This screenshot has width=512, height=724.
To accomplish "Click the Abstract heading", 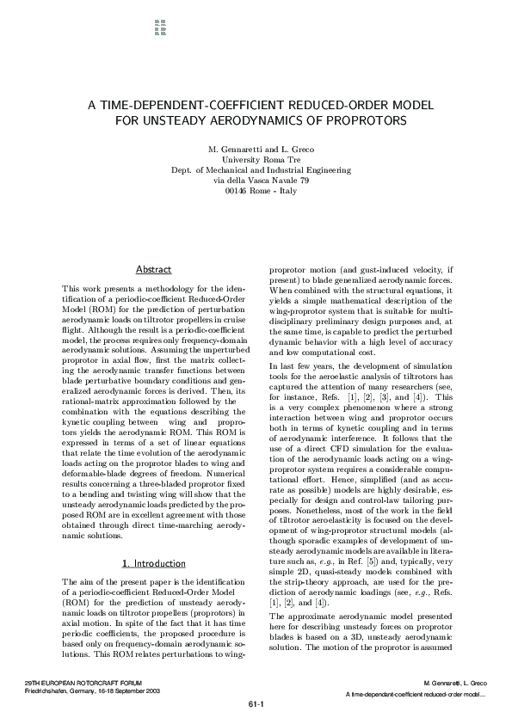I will coord(154,270).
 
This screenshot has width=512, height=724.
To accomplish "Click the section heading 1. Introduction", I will coord(154,563).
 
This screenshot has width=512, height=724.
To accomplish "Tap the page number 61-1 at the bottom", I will coord(256,704).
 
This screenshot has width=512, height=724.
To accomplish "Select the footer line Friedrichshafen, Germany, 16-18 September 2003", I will coord(93,690).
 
